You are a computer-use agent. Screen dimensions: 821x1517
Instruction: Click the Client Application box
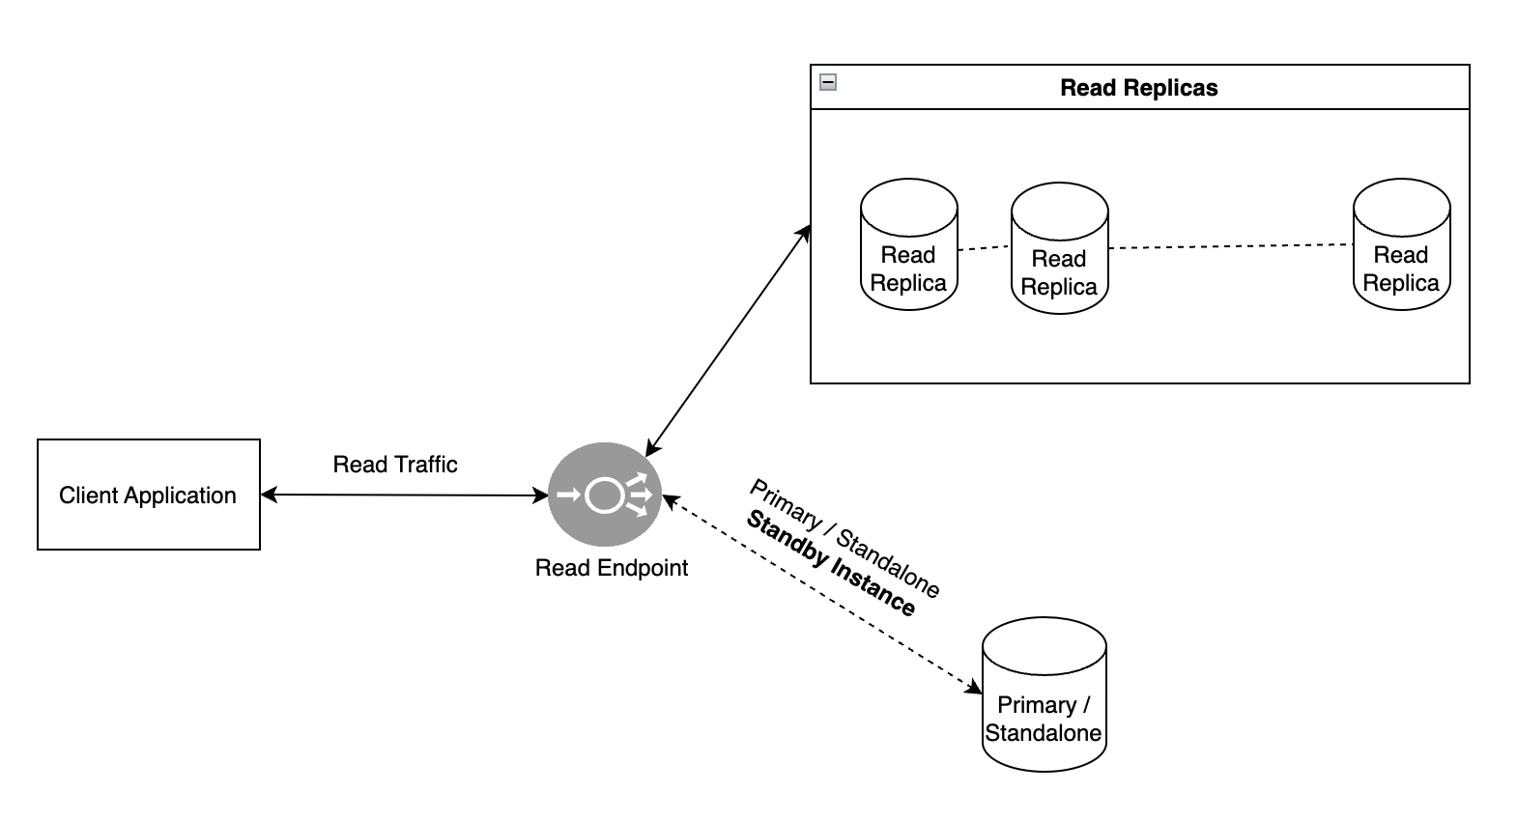point(148,495)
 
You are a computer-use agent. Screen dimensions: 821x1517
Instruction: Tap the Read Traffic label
point(394,465)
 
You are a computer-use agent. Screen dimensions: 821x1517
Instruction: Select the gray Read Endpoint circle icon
point(605,495)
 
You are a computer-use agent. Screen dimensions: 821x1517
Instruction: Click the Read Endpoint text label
point(611,568)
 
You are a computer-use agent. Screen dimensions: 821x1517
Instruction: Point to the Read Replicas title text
point(1138,88)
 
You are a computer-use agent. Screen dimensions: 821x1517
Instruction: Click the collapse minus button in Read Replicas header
point(828,82)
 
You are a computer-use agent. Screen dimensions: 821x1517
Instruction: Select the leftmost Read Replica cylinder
point(908,244)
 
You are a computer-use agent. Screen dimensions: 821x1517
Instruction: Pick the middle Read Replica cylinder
point(1059,248)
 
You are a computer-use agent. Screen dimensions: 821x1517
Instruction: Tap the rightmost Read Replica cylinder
point(1401,244)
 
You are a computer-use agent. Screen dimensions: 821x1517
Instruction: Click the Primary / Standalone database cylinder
point(1044,708)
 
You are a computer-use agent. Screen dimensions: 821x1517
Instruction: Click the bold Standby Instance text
point(830,564)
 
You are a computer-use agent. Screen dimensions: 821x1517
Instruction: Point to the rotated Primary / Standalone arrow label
point(845,537)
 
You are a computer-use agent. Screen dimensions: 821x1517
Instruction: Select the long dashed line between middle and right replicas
point(1229,246)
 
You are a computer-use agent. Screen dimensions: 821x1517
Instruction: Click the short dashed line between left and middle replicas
point(984,248)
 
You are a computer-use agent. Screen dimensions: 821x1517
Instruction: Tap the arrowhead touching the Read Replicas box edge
point(804,233)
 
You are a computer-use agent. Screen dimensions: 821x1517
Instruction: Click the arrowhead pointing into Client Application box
point(268,495)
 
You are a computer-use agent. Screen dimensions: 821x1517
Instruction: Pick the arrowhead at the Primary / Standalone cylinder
point(974,688)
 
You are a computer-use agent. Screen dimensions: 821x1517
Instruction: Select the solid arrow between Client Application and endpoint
point(404,495)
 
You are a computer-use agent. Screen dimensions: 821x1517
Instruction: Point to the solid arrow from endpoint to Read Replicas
point(727,340)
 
